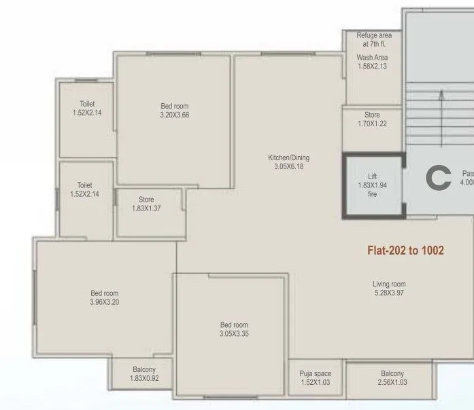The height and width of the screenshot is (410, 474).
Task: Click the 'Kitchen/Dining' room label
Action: (288, 157)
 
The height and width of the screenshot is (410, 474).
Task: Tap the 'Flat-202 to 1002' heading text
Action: (405, 250)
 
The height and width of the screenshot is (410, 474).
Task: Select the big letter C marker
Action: (438, 179)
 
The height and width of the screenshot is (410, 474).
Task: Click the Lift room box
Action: (372, 185)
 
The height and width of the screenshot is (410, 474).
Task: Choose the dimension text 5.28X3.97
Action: (389, 293)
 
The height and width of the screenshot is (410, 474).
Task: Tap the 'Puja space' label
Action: (315, 374)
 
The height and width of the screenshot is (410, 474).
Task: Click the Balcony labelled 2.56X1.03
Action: (392, 378)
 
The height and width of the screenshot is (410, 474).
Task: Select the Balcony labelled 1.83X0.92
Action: (144, 374)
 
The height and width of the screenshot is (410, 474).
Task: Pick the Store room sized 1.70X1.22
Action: (372, 119)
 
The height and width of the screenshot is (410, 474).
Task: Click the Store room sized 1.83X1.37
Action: (146, 204)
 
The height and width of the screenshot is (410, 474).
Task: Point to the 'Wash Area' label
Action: (372, 58)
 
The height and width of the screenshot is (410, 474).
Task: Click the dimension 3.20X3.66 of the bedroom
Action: (175, 115)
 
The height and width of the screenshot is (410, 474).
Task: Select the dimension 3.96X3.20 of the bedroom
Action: (105, 302)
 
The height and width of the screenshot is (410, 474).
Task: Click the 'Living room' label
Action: (389, 284)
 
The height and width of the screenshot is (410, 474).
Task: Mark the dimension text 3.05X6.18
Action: (288, 166)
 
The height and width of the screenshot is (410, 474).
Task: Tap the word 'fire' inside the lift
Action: (372, 194)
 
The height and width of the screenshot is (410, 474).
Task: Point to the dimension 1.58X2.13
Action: (372, 67)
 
